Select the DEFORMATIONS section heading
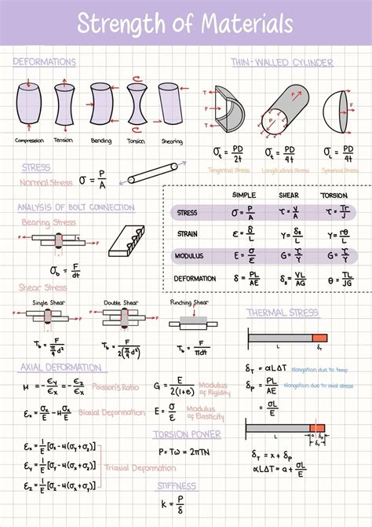pyautogui.click(x=45, y=61)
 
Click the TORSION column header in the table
pyautogui.click(x=334, y=195)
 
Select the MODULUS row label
pyautogui.click(x=189, y=256)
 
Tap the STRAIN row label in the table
pyautogui.click(x=188, y=234)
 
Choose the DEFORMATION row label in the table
pyautogui.click(x=195, y=279)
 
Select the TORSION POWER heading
pyautogui.click(x=187, y=434)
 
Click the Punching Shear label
pyautogui.click(x=189, y=302)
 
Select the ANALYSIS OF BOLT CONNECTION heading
pyautogui.click(x=75, y=207)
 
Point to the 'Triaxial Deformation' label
pyautogui.click(x=132, y=467)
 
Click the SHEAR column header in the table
pyautogui.click(x=289, y=195)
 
